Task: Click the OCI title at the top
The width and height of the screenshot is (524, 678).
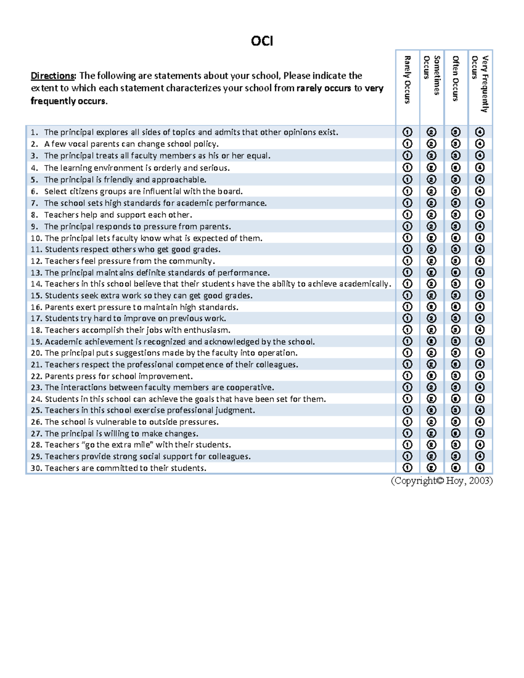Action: tap(262, 41)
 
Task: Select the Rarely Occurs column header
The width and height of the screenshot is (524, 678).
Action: tap(407, 79)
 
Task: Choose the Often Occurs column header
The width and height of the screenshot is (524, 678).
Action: tap(456, 79)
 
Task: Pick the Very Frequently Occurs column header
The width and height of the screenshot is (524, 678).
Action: tap(480, 83)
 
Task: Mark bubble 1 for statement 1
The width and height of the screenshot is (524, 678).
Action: tap(407, 132)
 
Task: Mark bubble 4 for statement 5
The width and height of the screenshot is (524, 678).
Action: tap(480, 179)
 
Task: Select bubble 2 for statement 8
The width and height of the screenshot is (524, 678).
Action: tap(431, 215)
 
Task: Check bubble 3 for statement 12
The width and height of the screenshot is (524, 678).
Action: tap(456, 261)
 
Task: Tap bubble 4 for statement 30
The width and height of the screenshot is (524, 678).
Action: tap(480, 468)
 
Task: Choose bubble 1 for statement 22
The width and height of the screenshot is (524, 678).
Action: tap(407, 376)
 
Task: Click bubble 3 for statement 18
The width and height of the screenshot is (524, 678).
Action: tap(456, 330)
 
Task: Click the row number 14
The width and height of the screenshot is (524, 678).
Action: tap(36, 284)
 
